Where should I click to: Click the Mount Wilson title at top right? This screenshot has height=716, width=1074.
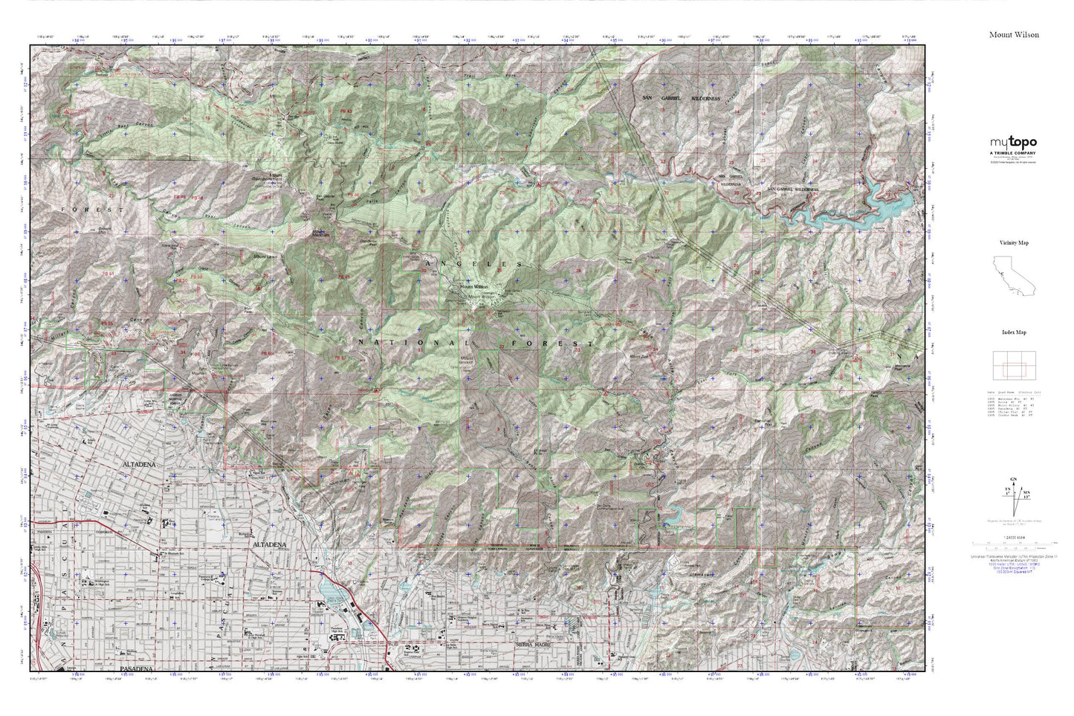pos(1014,34)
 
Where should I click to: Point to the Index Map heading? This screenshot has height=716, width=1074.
pos(1013,333)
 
